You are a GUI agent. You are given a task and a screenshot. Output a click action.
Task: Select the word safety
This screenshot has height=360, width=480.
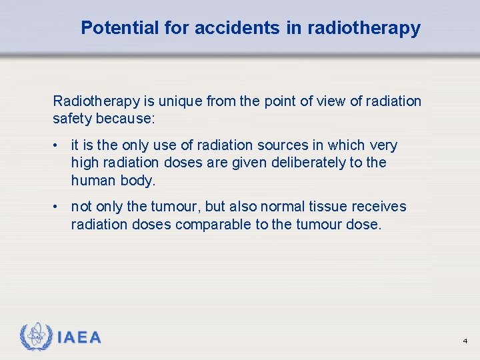tap(74, 119)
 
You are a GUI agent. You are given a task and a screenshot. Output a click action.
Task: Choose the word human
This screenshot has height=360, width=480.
tap(93, 180)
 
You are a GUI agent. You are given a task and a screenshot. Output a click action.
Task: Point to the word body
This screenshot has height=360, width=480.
tap(139, 180)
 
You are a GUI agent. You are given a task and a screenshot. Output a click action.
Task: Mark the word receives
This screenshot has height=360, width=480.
tap(380, 207)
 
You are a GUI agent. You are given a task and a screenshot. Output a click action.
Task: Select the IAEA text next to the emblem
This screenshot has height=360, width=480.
tap(79, 337)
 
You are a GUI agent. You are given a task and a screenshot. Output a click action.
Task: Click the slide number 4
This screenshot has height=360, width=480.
tap(465, 341)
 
